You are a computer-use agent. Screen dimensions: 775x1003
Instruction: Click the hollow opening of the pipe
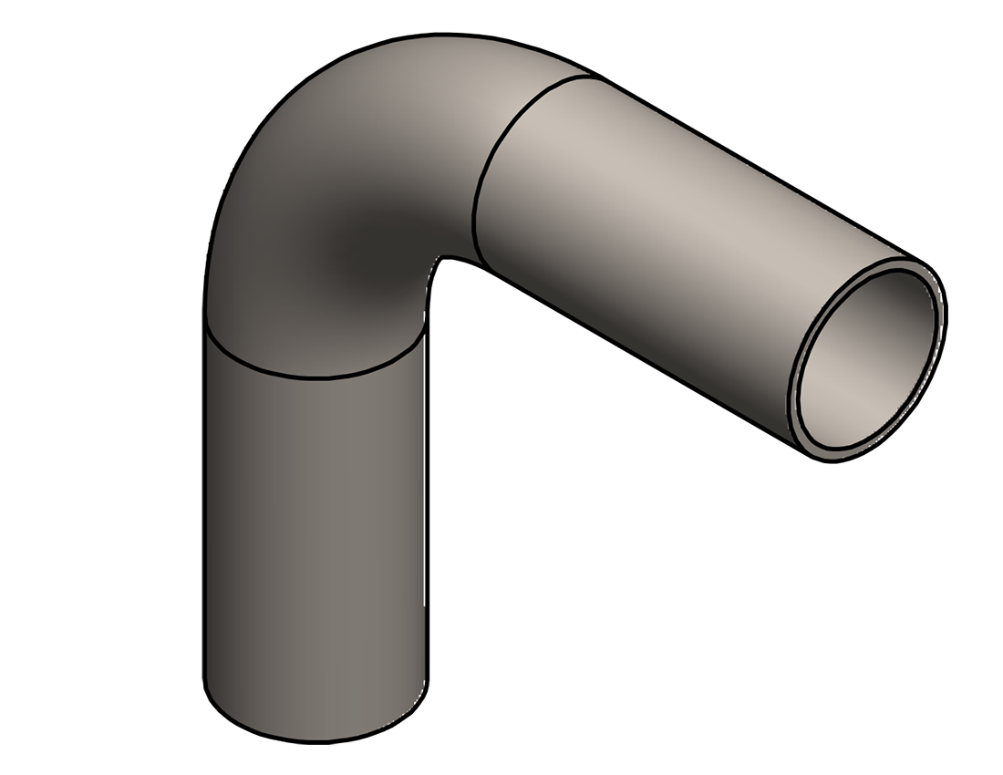coord(866,360)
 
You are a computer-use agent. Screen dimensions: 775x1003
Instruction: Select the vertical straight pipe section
coord(315,529)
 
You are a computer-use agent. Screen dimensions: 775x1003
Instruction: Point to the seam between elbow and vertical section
coord(315,376)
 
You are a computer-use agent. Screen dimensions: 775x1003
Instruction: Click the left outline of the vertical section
coord(202,511)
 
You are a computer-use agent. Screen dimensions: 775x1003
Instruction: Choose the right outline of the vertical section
coord(427,511)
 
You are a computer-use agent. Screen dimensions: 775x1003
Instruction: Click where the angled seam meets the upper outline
coord(593,75)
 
